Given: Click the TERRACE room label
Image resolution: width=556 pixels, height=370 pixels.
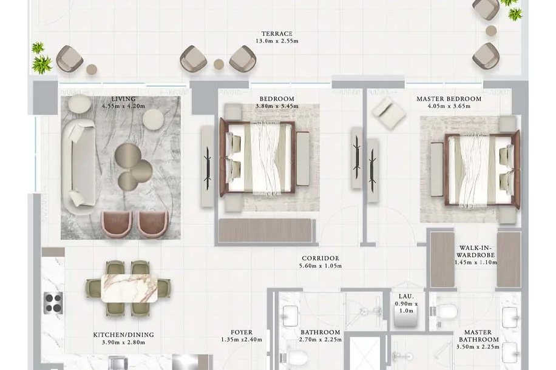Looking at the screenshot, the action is (277, 34).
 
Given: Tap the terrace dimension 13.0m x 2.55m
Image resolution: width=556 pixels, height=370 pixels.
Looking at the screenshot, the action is (277, 41).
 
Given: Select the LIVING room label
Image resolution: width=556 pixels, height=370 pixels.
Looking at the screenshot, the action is (123, 99).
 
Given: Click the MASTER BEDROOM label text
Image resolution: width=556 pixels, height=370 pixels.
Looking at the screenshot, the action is (449, 99).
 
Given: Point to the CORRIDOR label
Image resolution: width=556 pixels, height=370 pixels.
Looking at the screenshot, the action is (320, 258).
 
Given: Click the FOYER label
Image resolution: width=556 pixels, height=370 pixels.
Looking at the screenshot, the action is (242, 332).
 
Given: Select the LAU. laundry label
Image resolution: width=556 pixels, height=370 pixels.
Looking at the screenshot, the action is (406, 296).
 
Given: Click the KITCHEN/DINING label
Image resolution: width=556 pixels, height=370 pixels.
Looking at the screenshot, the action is (123, 335).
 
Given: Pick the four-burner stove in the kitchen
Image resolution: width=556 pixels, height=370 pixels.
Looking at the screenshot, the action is (53, 303).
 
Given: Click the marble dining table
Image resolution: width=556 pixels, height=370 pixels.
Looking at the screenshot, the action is (129, 288).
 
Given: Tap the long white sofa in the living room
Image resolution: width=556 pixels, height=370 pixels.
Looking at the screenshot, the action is (78, 167).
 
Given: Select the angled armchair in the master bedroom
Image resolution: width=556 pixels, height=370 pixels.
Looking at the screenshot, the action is (388, 111).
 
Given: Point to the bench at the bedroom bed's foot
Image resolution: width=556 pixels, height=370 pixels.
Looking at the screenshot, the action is (303, 158).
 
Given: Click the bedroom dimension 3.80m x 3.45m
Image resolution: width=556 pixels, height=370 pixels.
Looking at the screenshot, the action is (277, 106).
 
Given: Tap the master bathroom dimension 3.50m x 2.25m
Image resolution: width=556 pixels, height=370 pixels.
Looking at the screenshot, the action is (478, 347).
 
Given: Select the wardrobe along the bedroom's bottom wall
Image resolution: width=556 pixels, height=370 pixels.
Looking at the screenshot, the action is (265, 230).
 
